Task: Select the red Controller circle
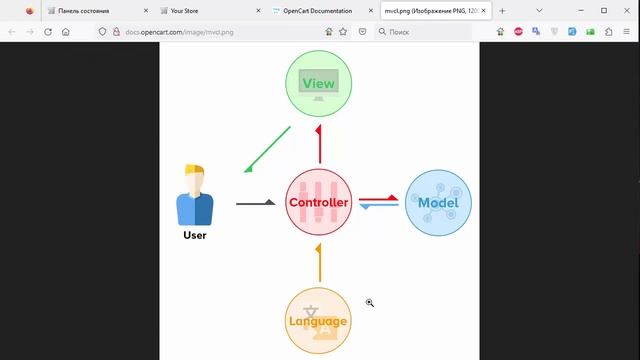pos(319,203)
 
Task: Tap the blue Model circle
pos(437,203)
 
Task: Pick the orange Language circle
pos(318,320)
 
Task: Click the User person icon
pos(195,195)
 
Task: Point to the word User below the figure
pos(195,236)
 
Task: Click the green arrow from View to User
pos(267,149)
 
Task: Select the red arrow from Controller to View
pos(319,145)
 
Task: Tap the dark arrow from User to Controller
pos(256,203)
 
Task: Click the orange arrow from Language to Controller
pos(319,262)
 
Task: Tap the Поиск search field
pos(430,31)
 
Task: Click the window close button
pos(626,10)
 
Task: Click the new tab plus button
pos(503,10)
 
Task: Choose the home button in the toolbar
pos(66,31)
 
